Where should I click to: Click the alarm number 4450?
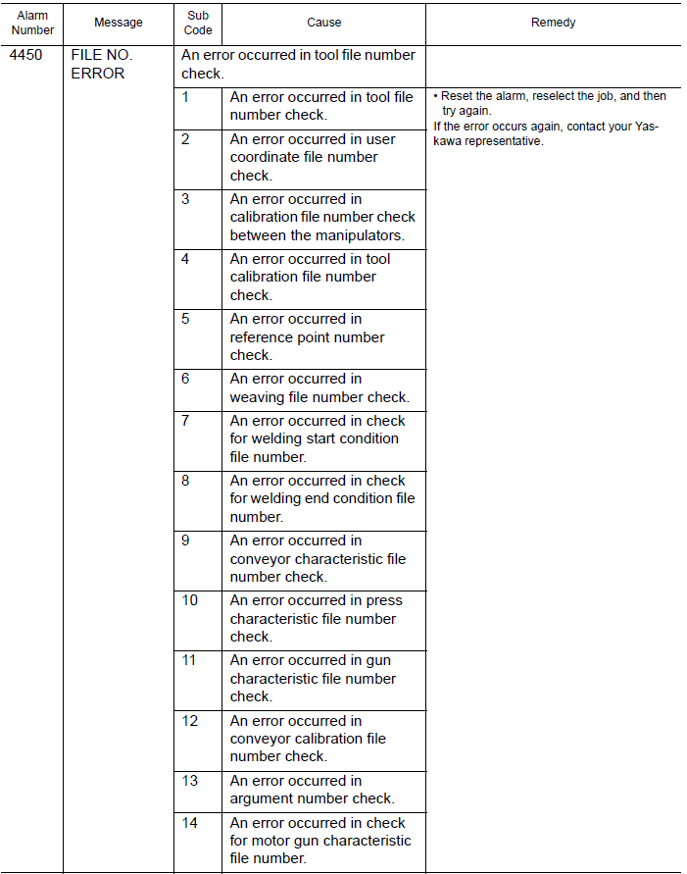[25, 56]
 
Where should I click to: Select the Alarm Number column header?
[32, 23]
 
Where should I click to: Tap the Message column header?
[119, 23]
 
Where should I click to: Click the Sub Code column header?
[198, 23]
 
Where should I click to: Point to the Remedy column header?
[553, 23]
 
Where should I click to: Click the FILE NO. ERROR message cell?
[101, 65]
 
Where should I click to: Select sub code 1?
[185, 97]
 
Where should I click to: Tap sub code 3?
[185, 199]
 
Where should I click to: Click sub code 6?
[185, 379]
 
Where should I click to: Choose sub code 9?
[185, 540]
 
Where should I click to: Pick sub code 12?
[189, 721]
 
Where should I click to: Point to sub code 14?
[189, 823]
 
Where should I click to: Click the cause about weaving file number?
[319, 388]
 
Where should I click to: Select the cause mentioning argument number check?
[312, 790]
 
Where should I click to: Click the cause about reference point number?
[307, 337]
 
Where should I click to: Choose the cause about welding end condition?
[321, 498]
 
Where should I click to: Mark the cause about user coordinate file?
[313, 157]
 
